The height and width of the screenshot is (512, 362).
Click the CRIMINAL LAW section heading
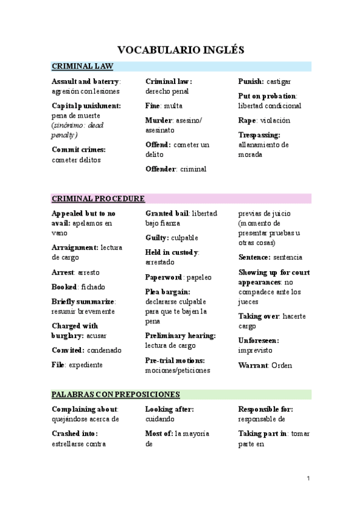(x=82, y=66)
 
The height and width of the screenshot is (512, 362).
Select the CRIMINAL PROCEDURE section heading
(x=98, y=198)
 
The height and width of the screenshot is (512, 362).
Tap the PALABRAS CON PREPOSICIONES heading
(x=115, y=394)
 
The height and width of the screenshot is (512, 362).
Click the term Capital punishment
(x=86, y=106)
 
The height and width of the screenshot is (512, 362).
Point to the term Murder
(x=159, y=120)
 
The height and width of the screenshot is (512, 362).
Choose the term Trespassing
(x=259, y=135)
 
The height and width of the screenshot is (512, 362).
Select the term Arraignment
(x=75, y=248)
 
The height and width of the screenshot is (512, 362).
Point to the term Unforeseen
(x=258, y=341)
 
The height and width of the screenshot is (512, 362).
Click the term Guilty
(x=157, y=238)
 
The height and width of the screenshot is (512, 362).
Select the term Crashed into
(x=75, y=434)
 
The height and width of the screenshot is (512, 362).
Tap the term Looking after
(x=169, y=409)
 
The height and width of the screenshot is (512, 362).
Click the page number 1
(x=308, y=479)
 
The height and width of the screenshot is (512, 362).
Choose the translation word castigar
(x=279, y=81)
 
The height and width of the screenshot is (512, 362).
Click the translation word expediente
(x=85, y=365)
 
